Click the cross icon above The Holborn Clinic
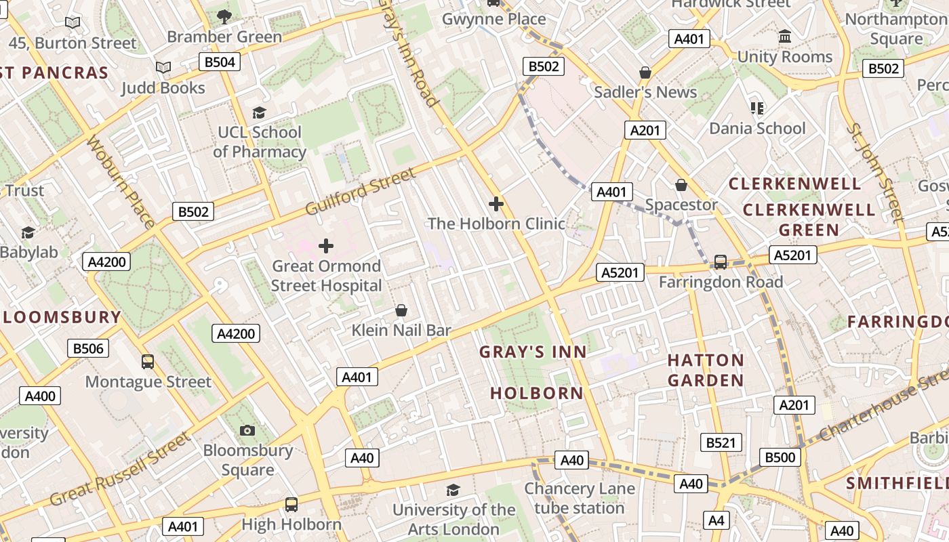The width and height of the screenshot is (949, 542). coord(496,203)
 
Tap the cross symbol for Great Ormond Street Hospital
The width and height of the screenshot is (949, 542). coord(326,246)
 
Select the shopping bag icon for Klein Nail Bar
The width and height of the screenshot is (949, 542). coord(401,311)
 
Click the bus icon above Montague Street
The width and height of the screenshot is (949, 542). coord(148,362)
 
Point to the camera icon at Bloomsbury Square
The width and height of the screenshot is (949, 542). coord(247,430)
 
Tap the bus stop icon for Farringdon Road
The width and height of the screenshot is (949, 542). coord(721,262)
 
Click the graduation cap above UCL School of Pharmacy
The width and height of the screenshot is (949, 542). coord(259,112)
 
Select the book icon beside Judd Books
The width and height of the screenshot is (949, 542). coord(163,68)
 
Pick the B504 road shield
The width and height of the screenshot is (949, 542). coord(220,63)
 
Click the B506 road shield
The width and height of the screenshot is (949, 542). coord(88,349)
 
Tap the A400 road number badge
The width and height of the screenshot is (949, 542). coord(40,396)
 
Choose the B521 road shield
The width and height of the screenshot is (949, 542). coord(721,443)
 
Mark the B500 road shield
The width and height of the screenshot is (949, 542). coord(780,457)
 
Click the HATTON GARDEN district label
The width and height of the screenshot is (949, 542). coord(706,370)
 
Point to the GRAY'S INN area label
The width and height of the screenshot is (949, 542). coord(533,352)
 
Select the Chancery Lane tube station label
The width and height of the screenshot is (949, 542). coord(580,498)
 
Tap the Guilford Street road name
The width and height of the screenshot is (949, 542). coord(360,192)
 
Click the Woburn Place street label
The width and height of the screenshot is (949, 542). coord(121,182)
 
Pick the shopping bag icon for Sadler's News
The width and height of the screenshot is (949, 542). coord(645,72)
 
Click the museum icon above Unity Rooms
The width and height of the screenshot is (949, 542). coord(785,37)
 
